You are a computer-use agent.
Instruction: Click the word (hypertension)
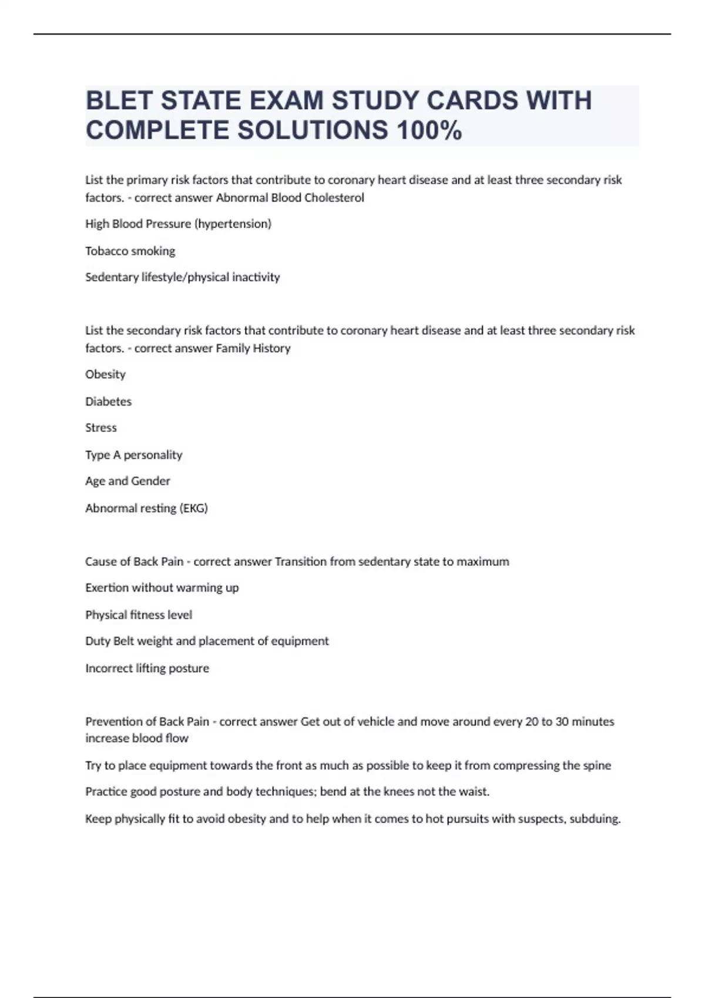point(233,224)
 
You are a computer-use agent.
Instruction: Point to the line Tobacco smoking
point(130,251)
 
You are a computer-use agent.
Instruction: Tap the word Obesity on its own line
point(106,375)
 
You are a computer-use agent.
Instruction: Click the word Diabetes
point(109,402)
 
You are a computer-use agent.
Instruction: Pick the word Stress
point(101,428)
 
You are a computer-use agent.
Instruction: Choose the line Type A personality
point(134,455)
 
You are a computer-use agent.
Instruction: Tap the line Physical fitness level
point(139,615)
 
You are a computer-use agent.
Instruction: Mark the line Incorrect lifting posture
point(147,668)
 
